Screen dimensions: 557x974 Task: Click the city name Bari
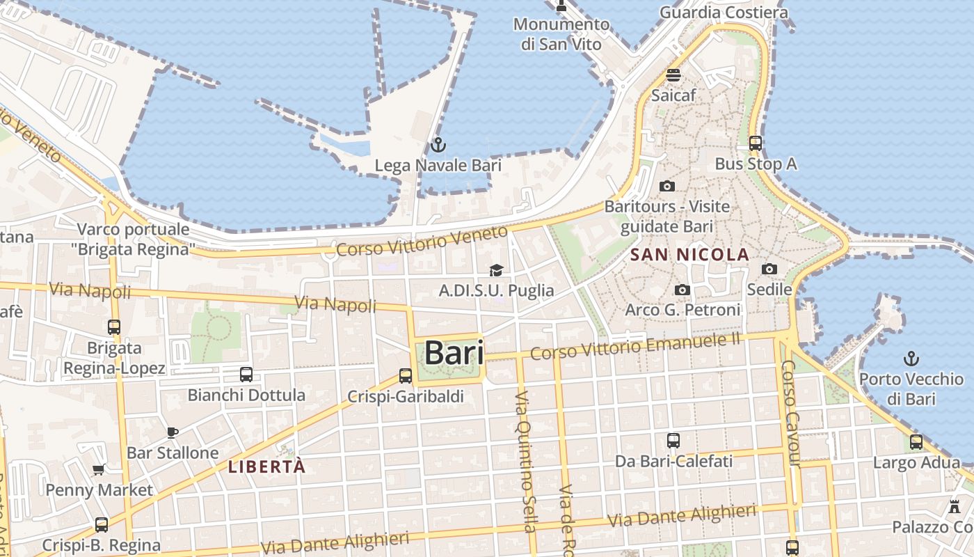pyautogui.click(x=454, y=352)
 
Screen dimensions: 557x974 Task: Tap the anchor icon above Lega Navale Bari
pyautogui.click(x=438, y=146)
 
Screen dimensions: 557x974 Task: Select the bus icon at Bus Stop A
pyautogui.click(x=755, y=143)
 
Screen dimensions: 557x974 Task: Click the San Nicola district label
pyautogui.click(x=689, y=255)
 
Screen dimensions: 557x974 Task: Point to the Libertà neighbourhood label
pyautogui.click(x=266, y=466)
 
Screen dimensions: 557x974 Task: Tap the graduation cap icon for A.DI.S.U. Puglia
pyautogui.click(x=496, y=270)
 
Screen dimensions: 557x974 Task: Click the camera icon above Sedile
pyautogui.click(x=769, y=269)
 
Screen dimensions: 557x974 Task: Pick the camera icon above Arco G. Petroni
pyautogui.click(x=682, y=290)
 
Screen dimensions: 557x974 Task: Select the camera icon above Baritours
pyautogui.click(x=666, y=186)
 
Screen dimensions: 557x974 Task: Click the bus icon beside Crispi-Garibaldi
pyautogui.click(x=406, y=376)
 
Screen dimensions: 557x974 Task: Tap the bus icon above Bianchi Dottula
pyautogui.click(x=246, y=375)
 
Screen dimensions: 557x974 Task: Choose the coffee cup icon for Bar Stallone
pyautogui.click(x=173, y=432)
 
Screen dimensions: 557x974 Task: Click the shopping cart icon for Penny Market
pyautogui.click(x=98, y=470)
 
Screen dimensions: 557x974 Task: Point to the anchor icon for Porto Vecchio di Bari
pyautogui.click(x=911, y=359)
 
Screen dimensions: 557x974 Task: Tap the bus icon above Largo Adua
pyautogui.click(x=916, y=441)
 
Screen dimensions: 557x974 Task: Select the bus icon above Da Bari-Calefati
pyautogui.click(x=673, y=441)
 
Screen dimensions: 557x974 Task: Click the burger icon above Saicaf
pyautogui.click(x=673, y=75)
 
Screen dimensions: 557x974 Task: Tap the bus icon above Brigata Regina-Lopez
pyautogui.click(x=114, y=327)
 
